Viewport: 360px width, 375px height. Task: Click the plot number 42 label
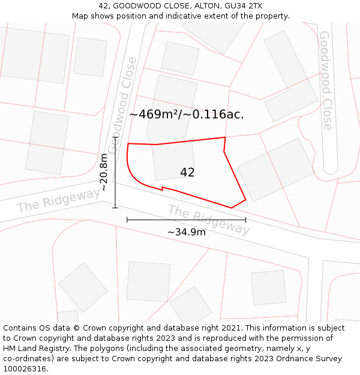[x=187, y=172]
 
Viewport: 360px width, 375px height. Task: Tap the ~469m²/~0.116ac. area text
[x=186, y=114]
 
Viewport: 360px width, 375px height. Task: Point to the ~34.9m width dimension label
[x=186, y=232]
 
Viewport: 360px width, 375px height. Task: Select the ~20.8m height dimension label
[x=104, y=172]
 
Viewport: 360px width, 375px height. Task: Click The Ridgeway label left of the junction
[x=58, y=200]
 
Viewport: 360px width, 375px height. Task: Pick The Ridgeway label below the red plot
[x=208, y=220]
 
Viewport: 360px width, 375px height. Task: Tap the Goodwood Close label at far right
[x=326, y=80]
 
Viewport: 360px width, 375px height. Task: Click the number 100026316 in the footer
[x=26, y=368]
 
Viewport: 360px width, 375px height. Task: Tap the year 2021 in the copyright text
[x=229, y=328]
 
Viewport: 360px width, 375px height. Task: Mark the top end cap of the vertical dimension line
[x=115, y=137]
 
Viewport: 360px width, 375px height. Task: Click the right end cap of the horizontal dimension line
[x=245, y=220]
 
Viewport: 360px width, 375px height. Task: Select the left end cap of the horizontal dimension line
[x=127, y=220]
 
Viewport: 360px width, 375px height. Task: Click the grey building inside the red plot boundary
[x=173, y=161]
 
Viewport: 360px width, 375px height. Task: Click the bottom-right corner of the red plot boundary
[x=245, y=199]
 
